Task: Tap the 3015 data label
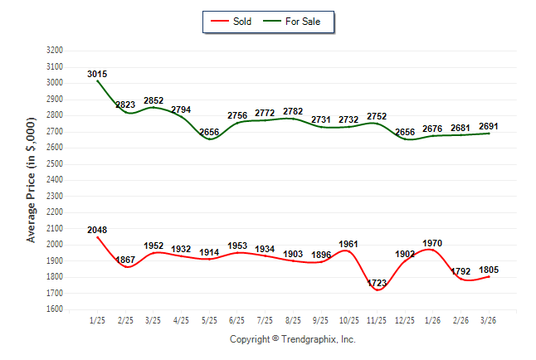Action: pyautogui.click(x=97, y=74)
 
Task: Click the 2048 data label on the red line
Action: pyautogui.click(x=97, y=230)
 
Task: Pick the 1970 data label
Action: pyautogui.click(x=432, y=243)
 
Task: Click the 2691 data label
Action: pyautogui.click(x=489, y=126)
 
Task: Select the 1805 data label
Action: pyautogui.click(x=489, y=269)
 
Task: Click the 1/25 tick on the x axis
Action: pyautogui.click(x=97, y=319)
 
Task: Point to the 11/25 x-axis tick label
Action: pyautogui.click(x=377, y=319)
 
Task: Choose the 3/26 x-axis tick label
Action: pyautogui.click(x=489, y=319)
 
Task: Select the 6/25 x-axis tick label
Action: pyautogui.click(x=237, y=319)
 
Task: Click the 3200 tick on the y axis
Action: pyautogui.click(x=55, y=51)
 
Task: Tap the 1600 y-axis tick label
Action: pyautogui.click(x=55, y=309)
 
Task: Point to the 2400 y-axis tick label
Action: pyautogui.click(x=55, y=180)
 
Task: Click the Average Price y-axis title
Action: pyautogui.click(x=32, y=179)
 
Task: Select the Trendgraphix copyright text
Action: pyautogui.click(x=292, y=339)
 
